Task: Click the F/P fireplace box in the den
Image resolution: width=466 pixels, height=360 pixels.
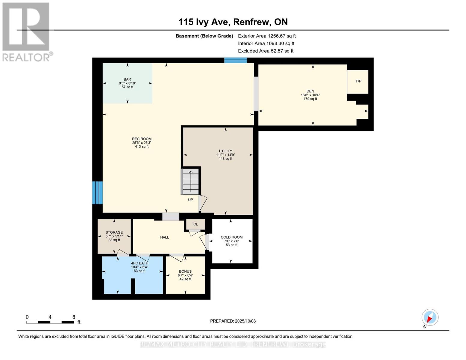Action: coord(358,82)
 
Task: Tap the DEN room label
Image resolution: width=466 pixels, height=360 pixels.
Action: coord(310,91)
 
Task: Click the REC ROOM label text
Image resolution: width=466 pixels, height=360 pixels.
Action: coord(142,139)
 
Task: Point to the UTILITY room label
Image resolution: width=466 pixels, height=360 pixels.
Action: coord(225,151)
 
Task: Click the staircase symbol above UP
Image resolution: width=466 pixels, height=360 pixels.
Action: coord(191,182)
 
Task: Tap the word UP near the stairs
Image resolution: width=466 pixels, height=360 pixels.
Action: coord(191,200)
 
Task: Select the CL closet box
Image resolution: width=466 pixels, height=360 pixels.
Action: coord(196,224)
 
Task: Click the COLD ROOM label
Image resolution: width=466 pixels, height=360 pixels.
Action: coord(232,237)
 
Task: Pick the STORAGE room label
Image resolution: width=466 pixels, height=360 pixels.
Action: coord(114,232)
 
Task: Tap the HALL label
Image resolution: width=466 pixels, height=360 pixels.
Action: coord(164,237)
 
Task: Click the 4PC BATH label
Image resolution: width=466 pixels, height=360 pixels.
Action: coord(140,263)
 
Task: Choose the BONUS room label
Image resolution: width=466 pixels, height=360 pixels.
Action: coord(185,271)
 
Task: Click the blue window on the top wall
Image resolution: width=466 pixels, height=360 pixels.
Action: coord(236,60)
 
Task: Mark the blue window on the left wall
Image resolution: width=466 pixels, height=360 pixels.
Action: coord(97,193)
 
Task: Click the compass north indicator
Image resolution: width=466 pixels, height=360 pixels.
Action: coord(430,317)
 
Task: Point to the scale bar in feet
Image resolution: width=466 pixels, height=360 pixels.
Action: coord(50,322)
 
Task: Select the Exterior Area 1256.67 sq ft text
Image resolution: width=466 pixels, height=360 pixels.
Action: coord(267,36)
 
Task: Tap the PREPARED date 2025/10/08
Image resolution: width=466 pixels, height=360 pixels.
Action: coord(233,321)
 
